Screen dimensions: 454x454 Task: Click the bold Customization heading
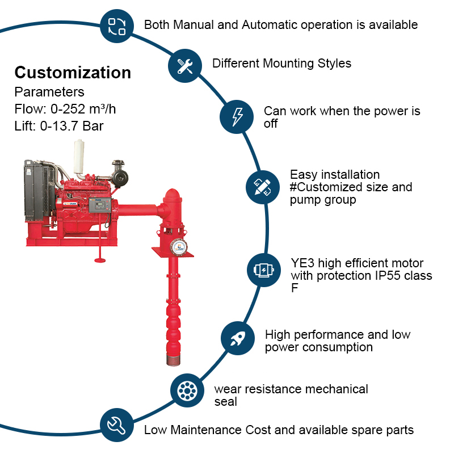coord(73,73)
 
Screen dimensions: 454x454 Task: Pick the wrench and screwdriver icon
coord(185,66)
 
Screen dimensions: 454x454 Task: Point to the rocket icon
coord(238,339)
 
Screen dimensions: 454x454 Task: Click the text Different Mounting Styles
coord(281,64)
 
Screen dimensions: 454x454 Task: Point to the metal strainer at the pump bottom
coord(171,358)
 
